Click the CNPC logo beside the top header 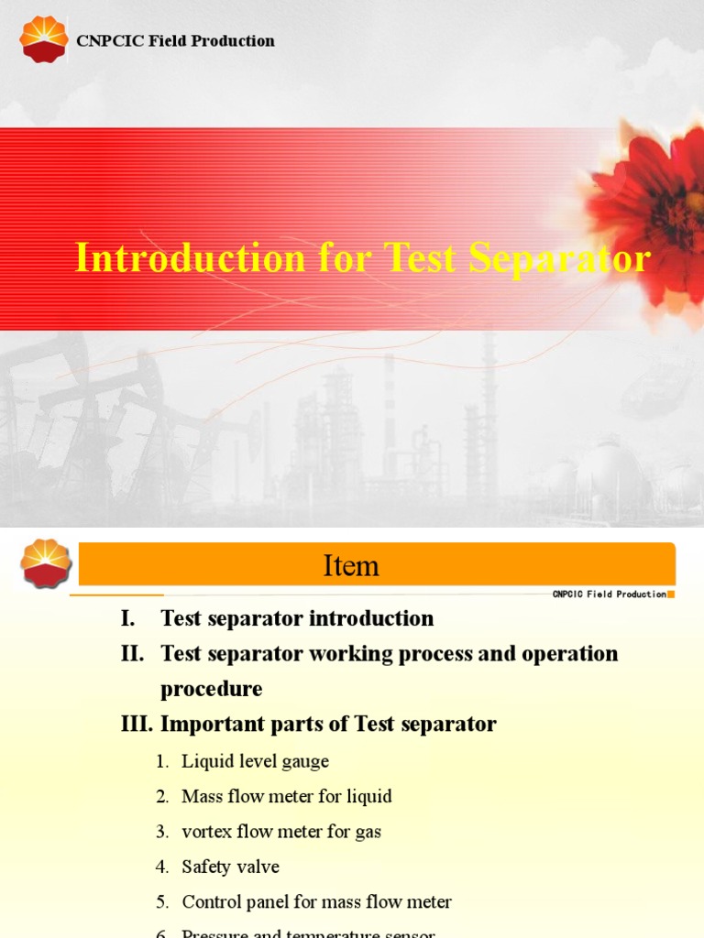(x=44, y=39)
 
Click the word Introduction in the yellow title (x=190, y=258)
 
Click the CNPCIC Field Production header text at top (x=175, y=40)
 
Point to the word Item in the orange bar (x=351, y=566)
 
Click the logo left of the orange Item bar (x=46, y=562)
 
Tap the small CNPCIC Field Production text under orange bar (x=609, y=594)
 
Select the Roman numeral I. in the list (x=128, y=618)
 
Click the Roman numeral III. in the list (x=137, y=725)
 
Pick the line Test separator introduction (x=297, y=618)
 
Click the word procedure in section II (x=212, y=689)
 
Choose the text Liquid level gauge (x=255, y=761)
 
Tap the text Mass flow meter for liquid (x=287, y=796)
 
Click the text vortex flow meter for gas (x=281, y=832)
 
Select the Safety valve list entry (x=230, y=867)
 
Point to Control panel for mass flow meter (x=316, y=901)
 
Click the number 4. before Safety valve (x=162, y=867)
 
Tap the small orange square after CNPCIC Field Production (x=671, y=594)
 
